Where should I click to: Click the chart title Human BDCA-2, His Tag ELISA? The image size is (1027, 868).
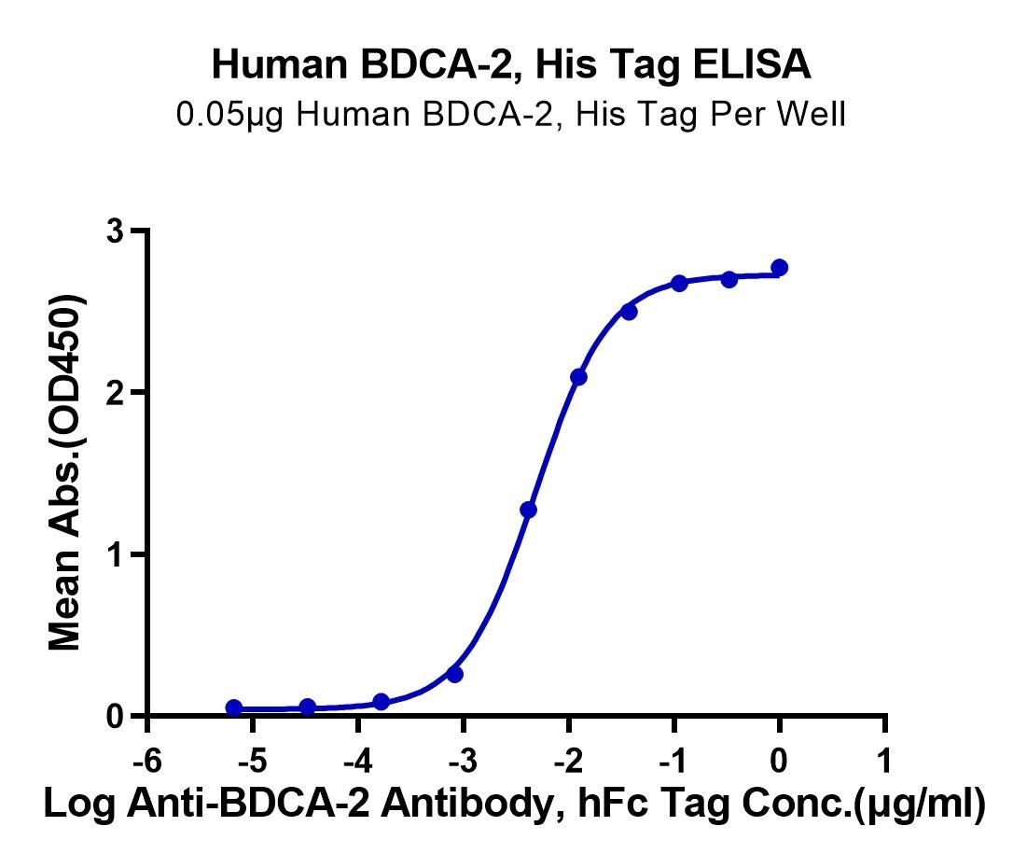pyautogui.click(x=511, y=65)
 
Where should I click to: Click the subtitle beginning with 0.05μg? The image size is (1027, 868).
pyautogui.click(x=511, y=114)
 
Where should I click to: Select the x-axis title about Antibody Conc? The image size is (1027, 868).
pyautogui.click(x=514, y=803)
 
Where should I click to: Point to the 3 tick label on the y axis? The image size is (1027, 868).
pyautogui.click(x=118, y=231)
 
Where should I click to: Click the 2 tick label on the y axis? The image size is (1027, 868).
pyautogui.click(x=118, y=393)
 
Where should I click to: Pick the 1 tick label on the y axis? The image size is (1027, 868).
pyautogui.click(x=118, y=554)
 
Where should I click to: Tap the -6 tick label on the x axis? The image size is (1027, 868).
pyautogui.click(x=146, y=762)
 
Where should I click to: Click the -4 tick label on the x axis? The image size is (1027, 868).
pyautogui.click(x=357, y=762)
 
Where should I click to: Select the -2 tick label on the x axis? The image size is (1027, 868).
pyautogui.click(x=568, y=762)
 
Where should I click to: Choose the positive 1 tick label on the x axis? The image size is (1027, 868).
pyautogui.click(x=884, y=762)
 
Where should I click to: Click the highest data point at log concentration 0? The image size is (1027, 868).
pyautogui.click(x=780, y=268)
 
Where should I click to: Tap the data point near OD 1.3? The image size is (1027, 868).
pyautogui.click(x=528, y=510)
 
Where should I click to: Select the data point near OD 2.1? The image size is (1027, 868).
pyautogui.click(x=578, y=377)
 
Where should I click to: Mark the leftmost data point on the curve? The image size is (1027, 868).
pyautogui.click(x=234, y=707)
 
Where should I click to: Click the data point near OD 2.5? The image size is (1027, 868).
pyautogui.click(x=629, y=312)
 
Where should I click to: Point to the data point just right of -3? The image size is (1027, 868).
pyautogui.click(x=454, y=674)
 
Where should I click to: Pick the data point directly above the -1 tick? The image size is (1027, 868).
pyautogui.click(x=679, y=283)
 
